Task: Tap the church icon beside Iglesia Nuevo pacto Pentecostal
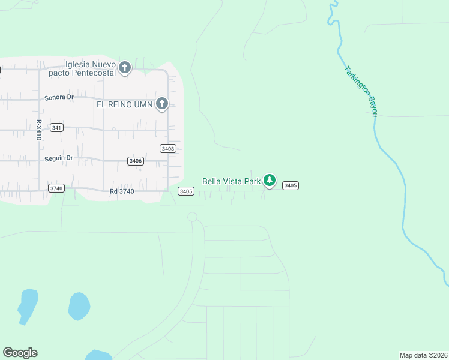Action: pyautogui.click(x=125, y=67)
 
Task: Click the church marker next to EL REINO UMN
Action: pyautogui.click(x=161, y=104)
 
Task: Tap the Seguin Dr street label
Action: pyautogui.click(x=58, y=158)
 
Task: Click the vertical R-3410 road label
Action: pyautogui.click(x=38, y=130)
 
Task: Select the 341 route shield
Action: pyautogui.click(x=56, y=128)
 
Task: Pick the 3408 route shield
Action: pyautogui.click(x=168, y=148)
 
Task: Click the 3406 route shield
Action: pyautogui.click(x=136, y=161)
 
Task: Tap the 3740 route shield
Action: pyautogui.click(x=56, y=188)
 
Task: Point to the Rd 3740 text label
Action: pyautogui.click(x=122, y=191)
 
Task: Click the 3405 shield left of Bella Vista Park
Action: pyautogui.click(x=185, y=191)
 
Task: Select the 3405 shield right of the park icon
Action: pyautogui.click(x=290, y=185)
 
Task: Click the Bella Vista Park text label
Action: pyautogui.click(x=231, y=181)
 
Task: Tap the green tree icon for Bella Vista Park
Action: pyautogui.click(x=270, y=180)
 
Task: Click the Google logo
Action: pyautogui.click(x=20, y=353)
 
